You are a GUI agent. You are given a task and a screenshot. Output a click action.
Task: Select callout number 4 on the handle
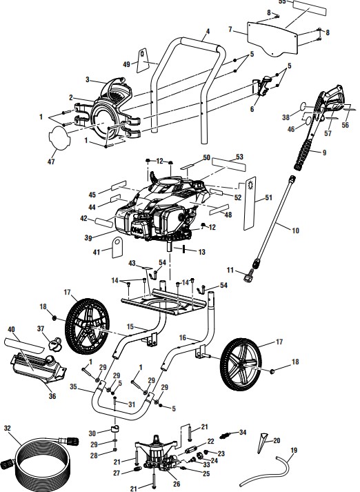[x=208, y=32]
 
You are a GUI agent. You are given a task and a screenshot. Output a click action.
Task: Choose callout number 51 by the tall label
[x=268, y=197]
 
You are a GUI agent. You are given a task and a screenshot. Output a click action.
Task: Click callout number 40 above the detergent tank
[x=10, y=330]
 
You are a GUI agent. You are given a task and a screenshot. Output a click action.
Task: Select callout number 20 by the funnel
[x=277, y=439]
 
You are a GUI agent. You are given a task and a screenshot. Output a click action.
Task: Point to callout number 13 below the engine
[x=202, y=253]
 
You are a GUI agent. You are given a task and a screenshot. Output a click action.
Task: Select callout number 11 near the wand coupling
[x=231, y=270]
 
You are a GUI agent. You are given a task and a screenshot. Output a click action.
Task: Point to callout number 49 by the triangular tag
[x=126, y=64]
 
